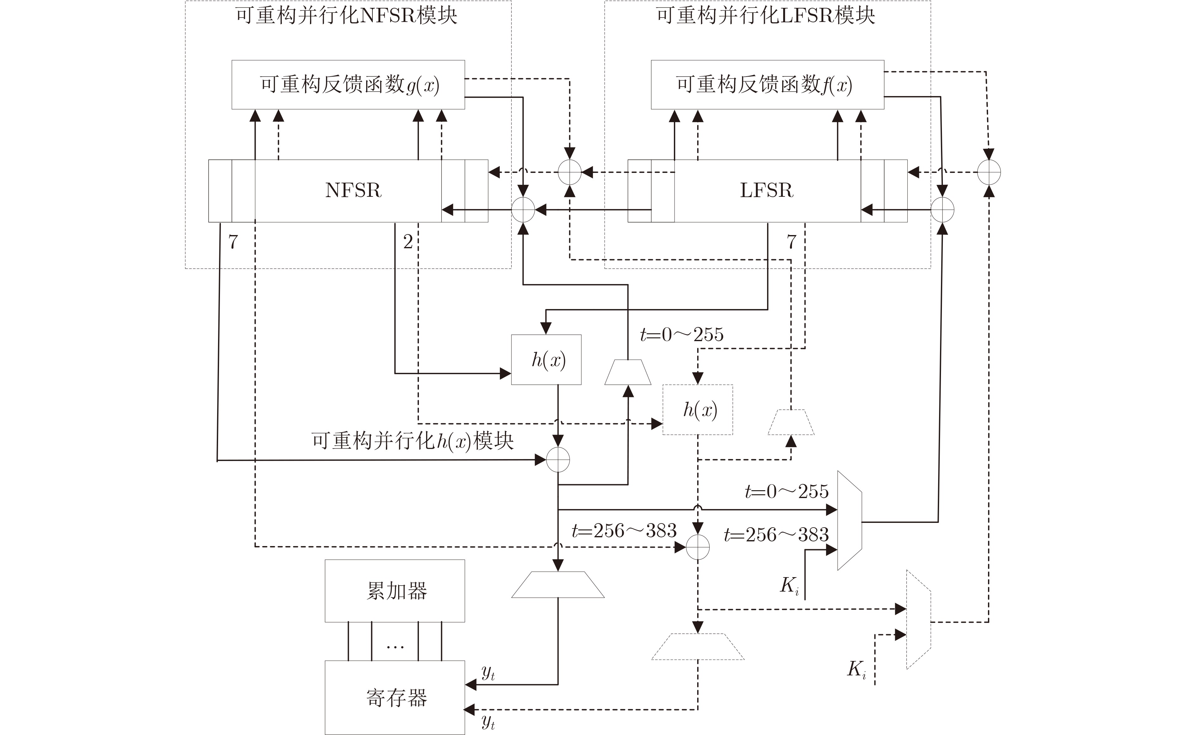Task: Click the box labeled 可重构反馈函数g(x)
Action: tap(348, 85)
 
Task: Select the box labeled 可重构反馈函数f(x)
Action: tap(767, 85)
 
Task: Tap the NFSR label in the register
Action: tap(353, 190)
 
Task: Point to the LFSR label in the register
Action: tap(767, 190)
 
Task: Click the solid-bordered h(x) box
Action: tap(546, 360)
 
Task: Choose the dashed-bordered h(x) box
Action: tap(698, 410)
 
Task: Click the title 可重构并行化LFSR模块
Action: tap(766, 16)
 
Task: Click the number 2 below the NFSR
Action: tap(408, 242)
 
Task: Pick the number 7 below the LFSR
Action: tap(792, 242)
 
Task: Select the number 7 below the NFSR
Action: tap(233, 242)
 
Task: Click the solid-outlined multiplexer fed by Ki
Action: tap(849, 520)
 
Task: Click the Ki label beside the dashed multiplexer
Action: tap(857, 670)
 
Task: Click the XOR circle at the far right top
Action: tap(989, 172)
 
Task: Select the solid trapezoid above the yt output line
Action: tap(558, 584)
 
